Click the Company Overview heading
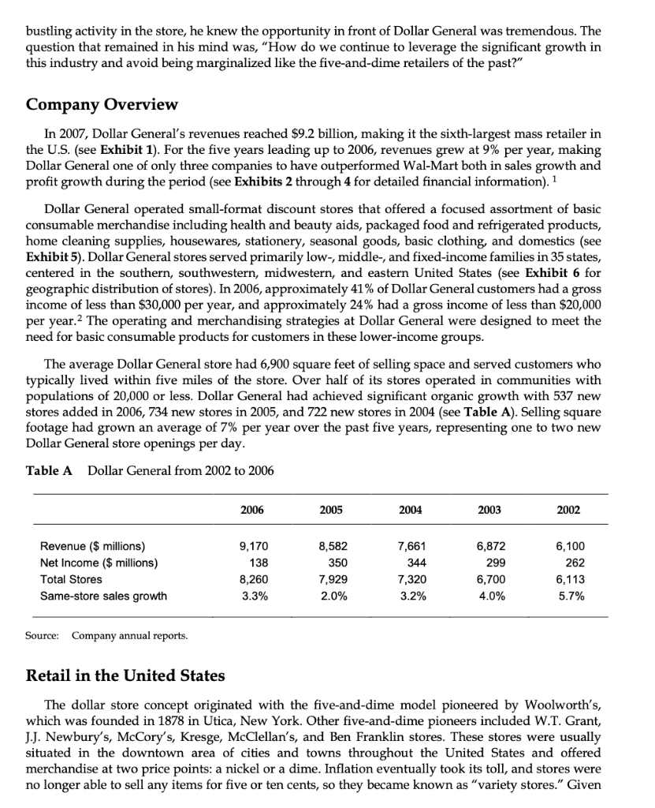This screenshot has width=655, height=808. point(102,105)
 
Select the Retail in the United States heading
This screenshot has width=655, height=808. point(125,675)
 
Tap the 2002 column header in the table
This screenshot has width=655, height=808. point(568,510)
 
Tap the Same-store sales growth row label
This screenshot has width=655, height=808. point(103,596)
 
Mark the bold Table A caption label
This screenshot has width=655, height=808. point(49,471)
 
